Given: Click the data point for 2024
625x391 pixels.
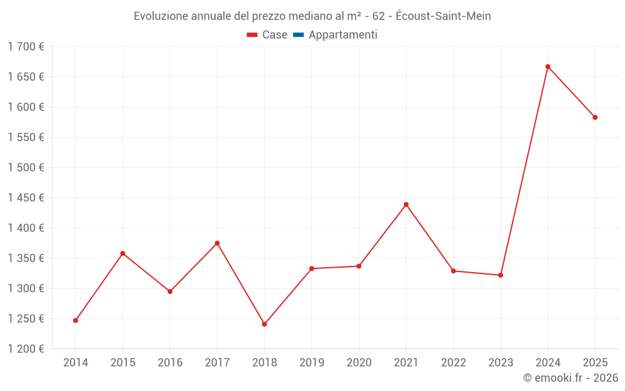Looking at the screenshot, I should (547, 66).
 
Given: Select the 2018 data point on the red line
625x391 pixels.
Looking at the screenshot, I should (264, 324).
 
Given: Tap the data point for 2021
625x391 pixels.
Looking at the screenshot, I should (406, 205).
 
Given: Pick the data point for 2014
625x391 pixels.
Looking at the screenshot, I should (76, 320).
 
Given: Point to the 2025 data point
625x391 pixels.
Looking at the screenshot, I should (595, 118).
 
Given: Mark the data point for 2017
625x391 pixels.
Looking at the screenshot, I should (217, 243).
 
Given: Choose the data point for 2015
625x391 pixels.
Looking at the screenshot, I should (122, 253).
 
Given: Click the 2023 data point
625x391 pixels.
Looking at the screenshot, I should (501, 275).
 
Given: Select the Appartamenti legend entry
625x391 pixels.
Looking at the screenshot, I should (342, 35).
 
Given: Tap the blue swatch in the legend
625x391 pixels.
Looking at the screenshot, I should (298, 35).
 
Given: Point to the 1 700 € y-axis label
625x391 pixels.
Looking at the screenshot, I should (26, 47).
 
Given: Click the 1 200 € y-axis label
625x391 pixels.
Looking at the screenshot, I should (26, 349).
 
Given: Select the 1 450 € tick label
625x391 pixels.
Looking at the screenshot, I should (26, 198).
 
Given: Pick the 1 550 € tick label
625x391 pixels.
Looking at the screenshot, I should (26, 138).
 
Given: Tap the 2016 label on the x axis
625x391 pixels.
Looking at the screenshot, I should (170, 363).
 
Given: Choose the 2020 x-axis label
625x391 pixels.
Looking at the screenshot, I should (359, 363).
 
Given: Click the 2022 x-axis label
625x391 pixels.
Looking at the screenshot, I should (453, 363).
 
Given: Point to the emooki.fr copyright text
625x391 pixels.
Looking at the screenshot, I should (571, 378).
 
